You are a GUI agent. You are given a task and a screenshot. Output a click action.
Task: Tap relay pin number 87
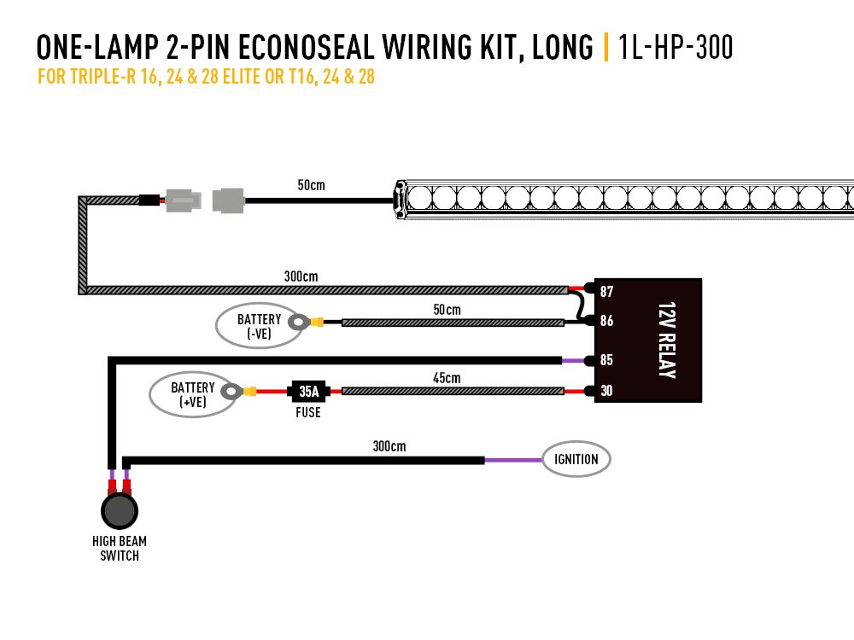coord(606,292)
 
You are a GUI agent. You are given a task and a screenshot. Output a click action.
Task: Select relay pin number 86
coord(606,322)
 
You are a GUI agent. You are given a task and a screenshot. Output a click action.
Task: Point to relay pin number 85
coord(606,360)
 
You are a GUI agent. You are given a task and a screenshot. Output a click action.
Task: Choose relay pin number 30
coord(606,392)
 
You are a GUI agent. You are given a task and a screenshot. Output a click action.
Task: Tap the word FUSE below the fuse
coord(307,413)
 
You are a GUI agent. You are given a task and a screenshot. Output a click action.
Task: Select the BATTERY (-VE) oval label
coord(258,327)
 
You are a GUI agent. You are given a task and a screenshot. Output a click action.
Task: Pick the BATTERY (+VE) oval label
coord(192,394)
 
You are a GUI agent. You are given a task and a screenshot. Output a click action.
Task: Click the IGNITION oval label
coord(576,459)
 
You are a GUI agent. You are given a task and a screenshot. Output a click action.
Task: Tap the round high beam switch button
coord(119,511)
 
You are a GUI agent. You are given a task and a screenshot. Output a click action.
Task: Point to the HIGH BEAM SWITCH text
coord(119,548)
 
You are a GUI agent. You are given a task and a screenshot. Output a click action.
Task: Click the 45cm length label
coord(447,378)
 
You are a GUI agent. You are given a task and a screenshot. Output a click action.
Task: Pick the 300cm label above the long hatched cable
coord(300,276)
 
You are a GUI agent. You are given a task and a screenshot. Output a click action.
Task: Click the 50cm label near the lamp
coord(311,184)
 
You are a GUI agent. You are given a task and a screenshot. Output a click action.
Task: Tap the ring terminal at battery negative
coord(299,323)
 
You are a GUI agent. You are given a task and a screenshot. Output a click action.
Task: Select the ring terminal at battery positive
coord(231,392)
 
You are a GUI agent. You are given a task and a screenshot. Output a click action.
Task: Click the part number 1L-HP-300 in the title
coord(676,47)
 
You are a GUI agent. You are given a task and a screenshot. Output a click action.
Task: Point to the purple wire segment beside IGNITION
coord(513,460)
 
